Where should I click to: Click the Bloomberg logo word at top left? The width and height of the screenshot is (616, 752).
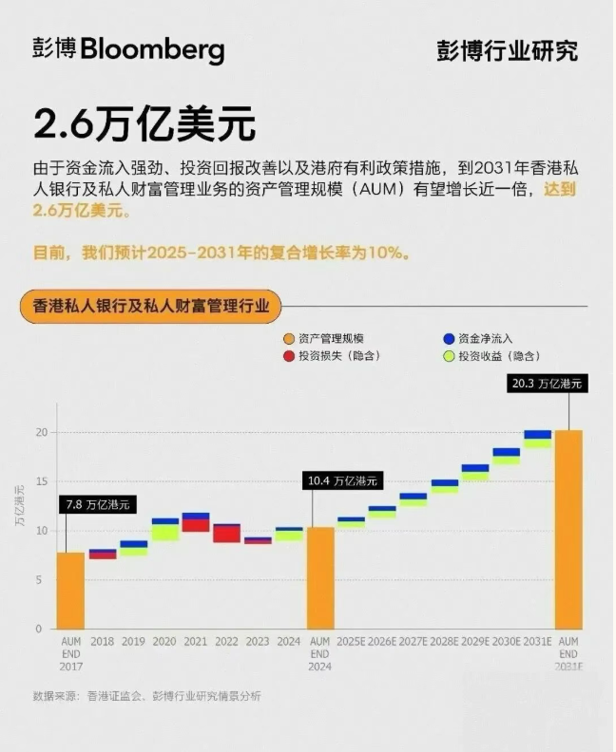click(x=152, y=49)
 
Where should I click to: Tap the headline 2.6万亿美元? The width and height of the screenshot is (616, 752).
click(x=144, y=123)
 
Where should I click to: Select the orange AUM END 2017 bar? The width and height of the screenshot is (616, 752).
click(x=70, y=590)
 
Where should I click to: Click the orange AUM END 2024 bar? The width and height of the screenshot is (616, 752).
click(x=319, y=577)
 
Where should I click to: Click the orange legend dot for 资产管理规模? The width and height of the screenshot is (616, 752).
click(x=288, y=339)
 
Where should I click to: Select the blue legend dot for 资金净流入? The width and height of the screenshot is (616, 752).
click(x=448, y=339)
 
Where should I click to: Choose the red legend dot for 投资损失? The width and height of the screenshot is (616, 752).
click(x=288, y=356)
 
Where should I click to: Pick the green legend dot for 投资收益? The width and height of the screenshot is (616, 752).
click(x=448, y=356)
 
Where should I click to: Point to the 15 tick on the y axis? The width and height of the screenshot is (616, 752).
click(x=41, y=481)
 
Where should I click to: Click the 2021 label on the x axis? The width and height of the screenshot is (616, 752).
click(x=195, y=641)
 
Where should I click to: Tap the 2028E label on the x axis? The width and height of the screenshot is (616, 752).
click(x=444, y=641)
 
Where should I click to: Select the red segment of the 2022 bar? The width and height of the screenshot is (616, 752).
click(x=226, y=534)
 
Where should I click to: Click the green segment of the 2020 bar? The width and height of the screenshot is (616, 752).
click(x=164, y=533)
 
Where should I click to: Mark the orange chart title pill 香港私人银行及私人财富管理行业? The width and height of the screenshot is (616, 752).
click(x=151, y=307)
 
